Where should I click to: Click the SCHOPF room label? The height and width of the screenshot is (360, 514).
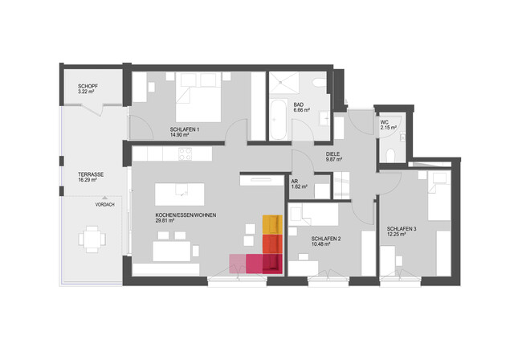[x=88, y=86]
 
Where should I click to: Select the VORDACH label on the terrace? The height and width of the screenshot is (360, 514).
[x=104, y=205]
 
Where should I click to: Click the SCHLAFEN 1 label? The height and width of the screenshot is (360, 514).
[x=185, y=129]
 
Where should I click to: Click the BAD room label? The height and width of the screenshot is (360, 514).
[x=298, y=104]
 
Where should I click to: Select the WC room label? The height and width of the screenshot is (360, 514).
[x=385, y=121]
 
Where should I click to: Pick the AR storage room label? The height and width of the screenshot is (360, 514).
[x=295, y=181]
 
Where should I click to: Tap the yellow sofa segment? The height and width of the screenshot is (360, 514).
[x=271, y=224]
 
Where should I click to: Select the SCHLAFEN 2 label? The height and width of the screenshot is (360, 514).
[x=327, y=239]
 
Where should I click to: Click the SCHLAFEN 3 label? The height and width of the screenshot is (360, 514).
[x=402, y=228]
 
